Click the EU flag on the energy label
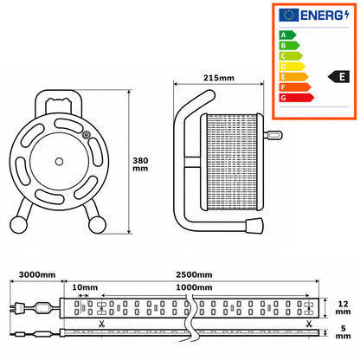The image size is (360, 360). tap(288, 15)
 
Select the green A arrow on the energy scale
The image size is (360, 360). tap(287, 35)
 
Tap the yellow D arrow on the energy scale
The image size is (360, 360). tap(292, 67)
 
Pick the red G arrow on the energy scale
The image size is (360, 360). tap(296, 98)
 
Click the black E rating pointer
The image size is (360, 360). tap(338, 77)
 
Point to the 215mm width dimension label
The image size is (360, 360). tap(219, 78)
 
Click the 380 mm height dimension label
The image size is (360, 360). tap(140, 164)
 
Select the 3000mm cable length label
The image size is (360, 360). tap(37, 274)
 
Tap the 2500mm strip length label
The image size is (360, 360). tap(194, 274)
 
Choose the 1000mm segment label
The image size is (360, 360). tap(194, 287)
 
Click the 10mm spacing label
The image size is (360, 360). tap(85, 287)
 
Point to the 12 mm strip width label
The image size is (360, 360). tap(343, 308)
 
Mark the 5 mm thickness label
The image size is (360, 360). tap(343, 332)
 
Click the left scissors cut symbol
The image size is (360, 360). tap(101, 324)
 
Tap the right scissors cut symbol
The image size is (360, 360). tap(309, 324)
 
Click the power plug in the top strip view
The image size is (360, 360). tap(16, 308)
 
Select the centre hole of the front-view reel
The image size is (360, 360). tap(59, 162)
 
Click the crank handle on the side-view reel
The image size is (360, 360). tap(273, 135)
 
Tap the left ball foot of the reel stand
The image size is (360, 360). tap(19, 224)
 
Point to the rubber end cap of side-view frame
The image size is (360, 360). tap(254, 226)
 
